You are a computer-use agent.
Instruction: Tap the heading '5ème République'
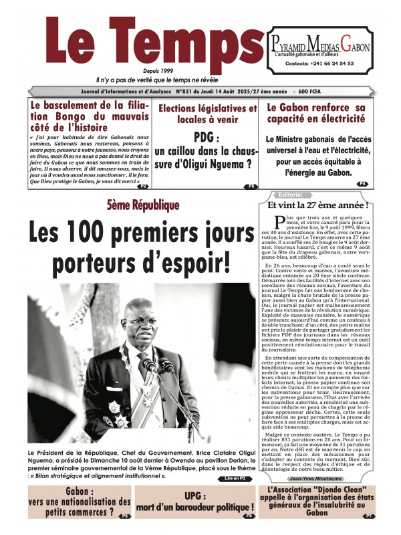pos(139,206)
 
